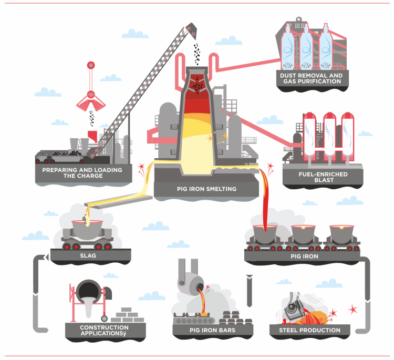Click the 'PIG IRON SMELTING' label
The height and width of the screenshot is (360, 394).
(206, 189)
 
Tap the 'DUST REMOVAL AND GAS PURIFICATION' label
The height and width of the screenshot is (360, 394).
(312, 78)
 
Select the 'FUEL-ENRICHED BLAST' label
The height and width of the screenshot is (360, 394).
(323, 177)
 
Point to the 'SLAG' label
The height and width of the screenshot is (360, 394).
(88, 255)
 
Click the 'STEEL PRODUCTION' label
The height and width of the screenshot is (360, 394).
(309, 330)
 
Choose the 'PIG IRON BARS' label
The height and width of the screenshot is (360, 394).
(212, 330)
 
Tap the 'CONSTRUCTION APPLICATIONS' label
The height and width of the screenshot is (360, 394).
(105, 331)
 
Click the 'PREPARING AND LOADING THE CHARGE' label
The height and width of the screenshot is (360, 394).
(82, 173)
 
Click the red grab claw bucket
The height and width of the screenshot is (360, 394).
(91, 102)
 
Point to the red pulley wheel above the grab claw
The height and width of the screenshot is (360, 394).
(91, 65)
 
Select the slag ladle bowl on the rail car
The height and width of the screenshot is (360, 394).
(87, 229)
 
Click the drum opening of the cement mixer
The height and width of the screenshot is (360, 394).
(88, 291)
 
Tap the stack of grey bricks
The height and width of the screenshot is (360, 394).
(128, 315)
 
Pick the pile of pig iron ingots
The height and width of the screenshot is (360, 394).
(236, 317)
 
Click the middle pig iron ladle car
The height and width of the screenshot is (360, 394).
(303, 238)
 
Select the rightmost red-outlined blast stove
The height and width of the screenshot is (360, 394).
(348, 137)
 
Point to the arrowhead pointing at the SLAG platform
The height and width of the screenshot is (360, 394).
(46, 258)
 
